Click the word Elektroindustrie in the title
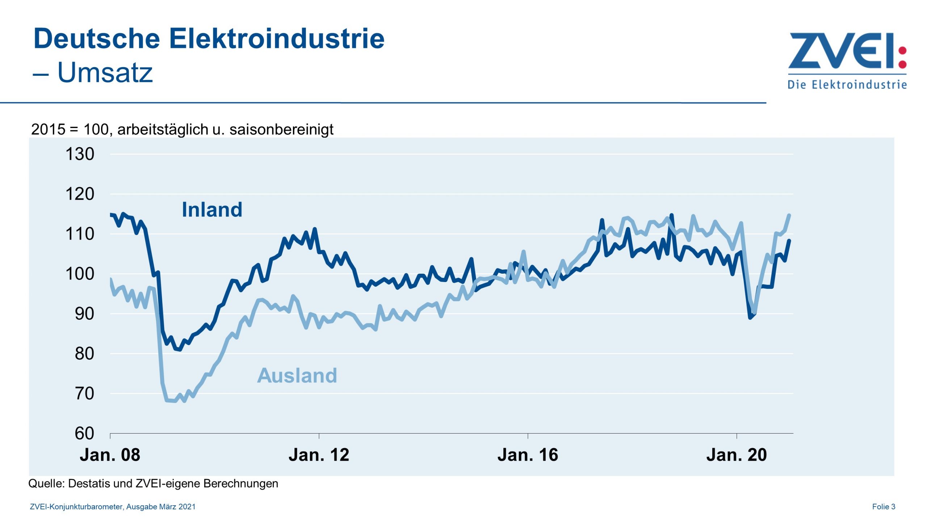277,38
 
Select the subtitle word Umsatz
105,72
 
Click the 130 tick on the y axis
80,154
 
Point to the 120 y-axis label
80,194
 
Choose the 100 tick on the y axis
80,274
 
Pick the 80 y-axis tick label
84,353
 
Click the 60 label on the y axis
84,433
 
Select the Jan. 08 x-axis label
110,455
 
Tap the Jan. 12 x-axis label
319,455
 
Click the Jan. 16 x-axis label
528,455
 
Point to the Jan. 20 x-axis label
737,455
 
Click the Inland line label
212,210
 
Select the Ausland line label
297,375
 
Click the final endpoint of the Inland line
789,240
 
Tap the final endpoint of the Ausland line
789,215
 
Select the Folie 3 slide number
884,507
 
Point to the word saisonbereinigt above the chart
281,129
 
